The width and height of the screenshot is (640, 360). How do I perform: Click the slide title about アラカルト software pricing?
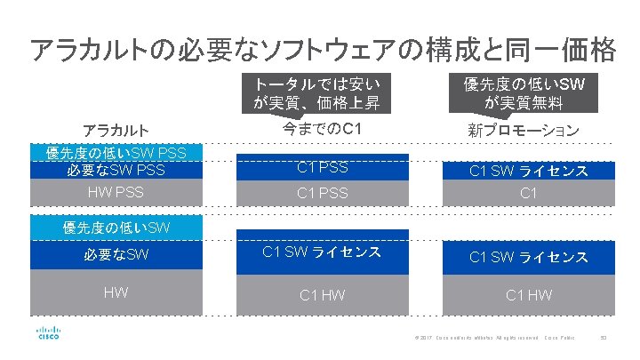tap(322, 49)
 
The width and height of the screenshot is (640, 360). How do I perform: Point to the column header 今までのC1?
tap(322, 130)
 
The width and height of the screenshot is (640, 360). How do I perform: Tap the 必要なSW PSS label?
tap(116, 169)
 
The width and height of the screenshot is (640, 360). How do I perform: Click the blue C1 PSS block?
tap(322, 167)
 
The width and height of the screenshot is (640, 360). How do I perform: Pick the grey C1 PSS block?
tap(322, 192)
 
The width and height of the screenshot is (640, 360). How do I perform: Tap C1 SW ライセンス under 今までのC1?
tap(322, 252)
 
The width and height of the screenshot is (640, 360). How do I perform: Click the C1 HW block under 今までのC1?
tap(322, 294)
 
